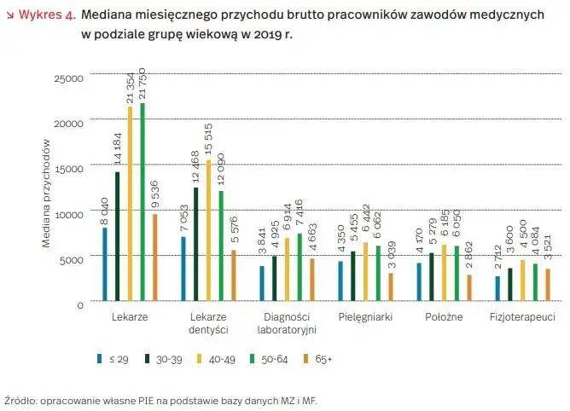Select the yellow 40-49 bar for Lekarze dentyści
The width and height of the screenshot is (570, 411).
208,230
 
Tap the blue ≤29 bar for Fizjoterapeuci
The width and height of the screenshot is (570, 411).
497,288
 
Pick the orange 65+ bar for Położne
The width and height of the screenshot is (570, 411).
469,287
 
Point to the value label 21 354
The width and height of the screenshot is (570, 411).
130,86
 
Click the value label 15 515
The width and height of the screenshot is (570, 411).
208,141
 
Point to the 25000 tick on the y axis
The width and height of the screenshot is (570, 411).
68,78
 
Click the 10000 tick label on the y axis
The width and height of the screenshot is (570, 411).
68,214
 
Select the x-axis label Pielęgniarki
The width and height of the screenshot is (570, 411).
364,316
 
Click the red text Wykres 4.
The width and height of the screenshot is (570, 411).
45,14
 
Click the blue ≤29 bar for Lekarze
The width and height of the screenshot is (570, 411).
104,264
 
